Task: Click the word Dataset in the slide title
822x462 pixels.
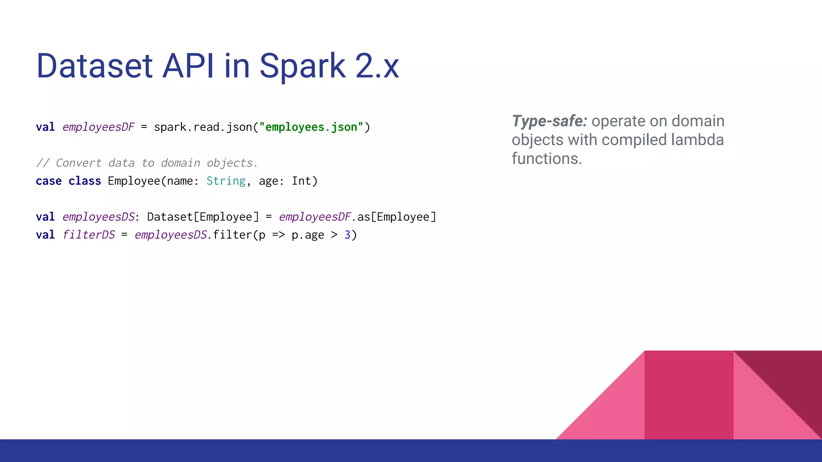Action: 94,66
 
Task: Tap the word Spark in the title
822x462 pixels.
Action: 302,66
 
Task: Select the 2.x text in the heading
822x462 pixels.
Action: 377,66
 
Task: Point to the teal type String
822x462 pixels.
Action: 226,181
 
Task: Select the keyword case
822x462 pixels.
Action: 49,181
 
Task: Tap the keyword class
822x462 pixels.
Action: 85,181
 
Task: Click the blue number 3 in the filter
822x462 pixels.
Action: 348,235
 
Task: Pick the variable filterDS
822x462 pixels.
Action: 89,235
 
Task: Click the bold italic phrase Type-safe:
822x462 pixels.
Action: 549,121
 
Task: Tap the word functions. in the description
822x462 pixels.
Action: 547,159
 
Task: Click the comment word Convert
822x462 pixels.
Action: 79,163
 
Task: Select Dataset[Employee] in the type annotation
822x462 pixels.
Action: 203,217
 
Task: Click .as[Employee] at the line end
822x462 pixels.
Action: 393,217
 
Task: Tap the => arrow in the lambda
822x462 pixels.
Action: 279,235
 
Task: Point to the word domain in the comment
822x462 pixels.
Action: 181,163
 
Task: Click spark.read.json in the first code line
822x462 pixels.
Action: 203,127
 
